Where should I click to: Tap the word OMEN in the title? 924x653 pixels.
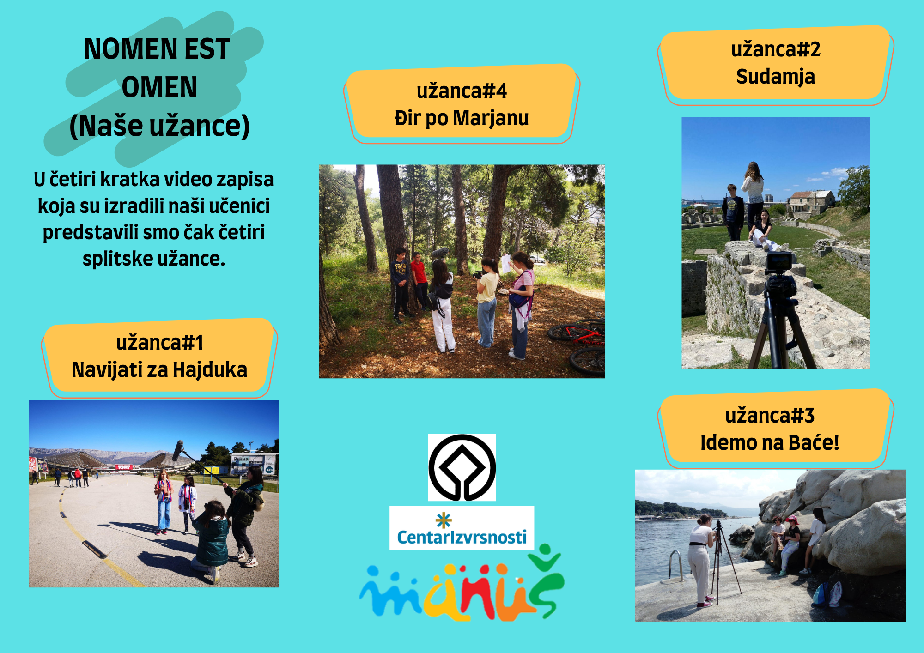(x=159, y=87)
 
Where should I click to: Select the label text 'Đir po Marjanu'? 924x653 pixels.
(x=462, y=118)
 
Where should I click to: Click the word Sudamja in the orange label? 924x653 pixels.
(x=775, y=77)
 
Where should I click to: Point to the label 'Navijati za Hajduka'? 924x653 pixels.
(x=159, y=370)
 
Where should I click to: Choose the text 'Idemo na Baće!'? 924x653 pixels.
(x=770, y=442)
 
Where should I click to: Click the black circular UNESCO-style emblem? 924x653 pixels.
(x=462, y=467)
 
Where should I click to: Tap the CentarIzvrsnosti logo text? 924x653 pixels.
(x=462, y=537)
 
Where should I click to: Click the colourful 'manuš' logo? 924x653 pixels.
(x=462, y=584)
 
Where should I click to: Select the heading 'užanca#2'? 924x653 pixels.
(x=776, y=49)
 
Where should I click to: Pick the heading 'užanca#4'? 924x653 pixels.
(x=462, y=91)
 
